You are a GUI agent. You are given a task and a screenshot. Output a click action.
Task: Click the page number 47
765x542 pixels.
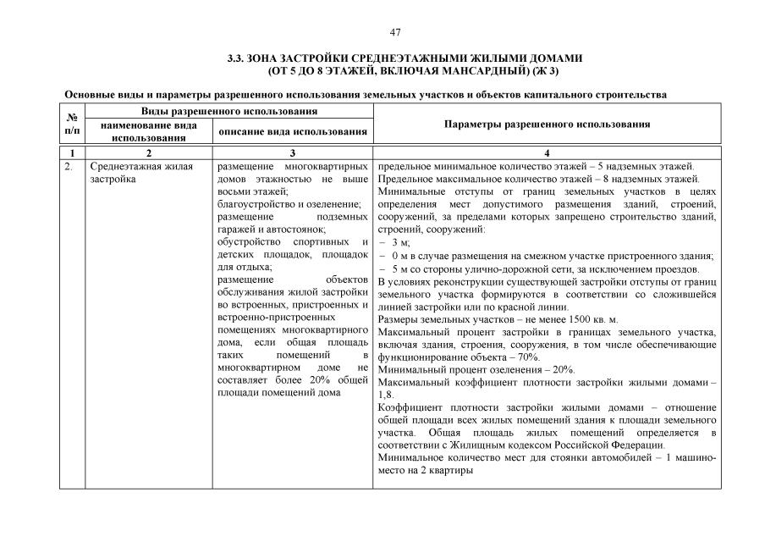pyautogui.click(x=395, y=32)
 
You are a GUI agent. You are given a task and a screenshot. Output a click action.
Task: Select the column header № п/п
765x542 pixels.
pyautogui.click(x=72, y=124)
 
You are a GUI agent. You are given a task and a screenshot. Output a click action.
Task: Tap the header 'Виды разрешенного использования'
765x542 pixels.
pyautogui.click(x=229, y=111)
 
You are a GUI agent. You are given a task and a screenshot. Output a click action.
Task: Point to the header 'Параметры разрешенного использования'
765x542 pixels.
pyautogui.click(x=547, y=124)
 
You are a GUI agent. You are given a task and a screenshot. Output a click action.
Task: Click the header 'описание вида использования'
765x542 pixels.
pyautogui.click(x=292, y=131)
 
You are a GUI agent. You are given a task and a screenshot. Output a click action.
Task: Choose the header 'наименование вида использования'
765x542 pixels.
pyautogui.click(x=148, y=130)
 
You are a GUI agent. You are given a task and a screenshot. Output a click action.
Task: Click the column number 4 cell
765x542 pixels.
pyautogui.click(x=547, y=152)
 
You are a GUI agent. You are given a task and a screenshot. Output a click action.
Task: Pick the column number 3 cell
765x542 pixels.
pyautogui.click(x=292, y=152)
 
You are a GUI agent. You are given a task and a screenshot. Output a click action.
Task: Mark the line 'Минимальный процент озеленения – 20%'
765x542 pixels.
pyautogui.click(x=476, y=370)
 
